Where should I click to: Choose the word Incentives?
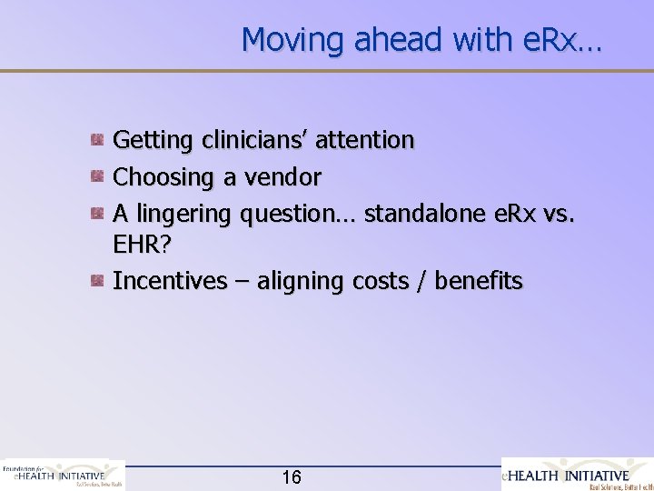[169, 281]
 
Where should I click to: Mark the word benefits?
[479, 281]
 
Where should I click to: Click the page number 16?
[292, 477]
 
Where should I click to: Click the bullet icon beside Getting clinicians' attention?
[96, 140]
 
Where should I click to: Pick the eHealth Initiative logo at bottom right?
[578, 475]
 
